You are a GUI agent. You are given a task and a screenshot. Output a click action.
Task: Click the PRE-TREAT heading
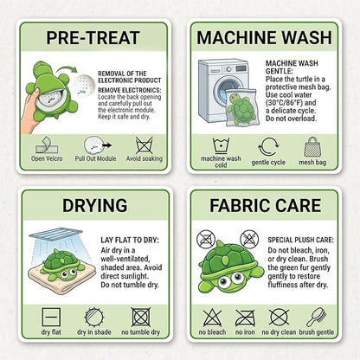[93, 38]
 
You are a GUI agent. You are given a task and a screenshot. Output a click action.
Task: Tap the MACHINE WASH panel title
[264, 38]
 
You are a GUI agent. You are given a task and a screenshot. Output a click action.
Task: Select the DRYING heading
[94, 205]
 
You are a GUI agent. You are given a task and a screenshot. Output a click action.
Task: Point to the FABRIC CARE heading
[265, 205]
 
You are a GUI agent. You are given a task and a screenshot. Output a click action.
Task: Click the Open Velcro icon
[47, 145]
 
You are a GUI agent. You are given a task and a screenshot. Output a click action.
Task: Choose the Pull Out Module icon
[97, 145]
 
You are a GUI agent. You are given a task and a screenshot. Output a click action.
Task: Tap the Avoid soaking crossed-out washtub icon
[145, 145]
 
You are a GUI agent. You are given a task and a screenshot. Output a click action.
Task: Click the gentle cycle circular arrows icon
[268, 147]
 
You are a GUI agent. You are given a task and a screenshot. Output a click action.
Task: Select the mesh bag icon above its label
[312, 147]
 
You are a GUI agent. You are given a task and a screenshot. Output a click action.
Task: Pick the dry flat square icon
[51, 317]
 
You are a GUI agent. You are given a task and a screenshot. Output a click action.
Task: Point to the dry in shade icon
[94, 317]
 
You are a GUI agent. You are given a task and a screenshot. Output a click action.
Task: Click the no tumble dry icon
[141, 317]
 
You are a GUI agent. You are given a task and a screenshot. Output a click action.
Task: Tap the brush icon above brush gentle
[317, 318]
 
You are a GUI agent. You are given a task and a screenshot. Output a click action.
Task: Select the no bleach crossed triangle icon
[212, 318]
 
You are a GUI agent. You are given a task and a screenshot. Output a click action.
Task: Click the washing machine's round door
[226, 90]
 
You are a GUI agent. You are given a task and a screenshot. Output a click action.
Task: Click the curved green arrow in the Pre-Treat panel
[67, 69]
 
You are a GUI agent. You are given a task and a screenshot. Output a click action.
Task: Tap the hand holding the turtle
[29, 113]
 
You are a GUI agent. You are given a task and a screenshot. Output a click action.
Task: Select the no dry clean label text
[279, 332]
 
